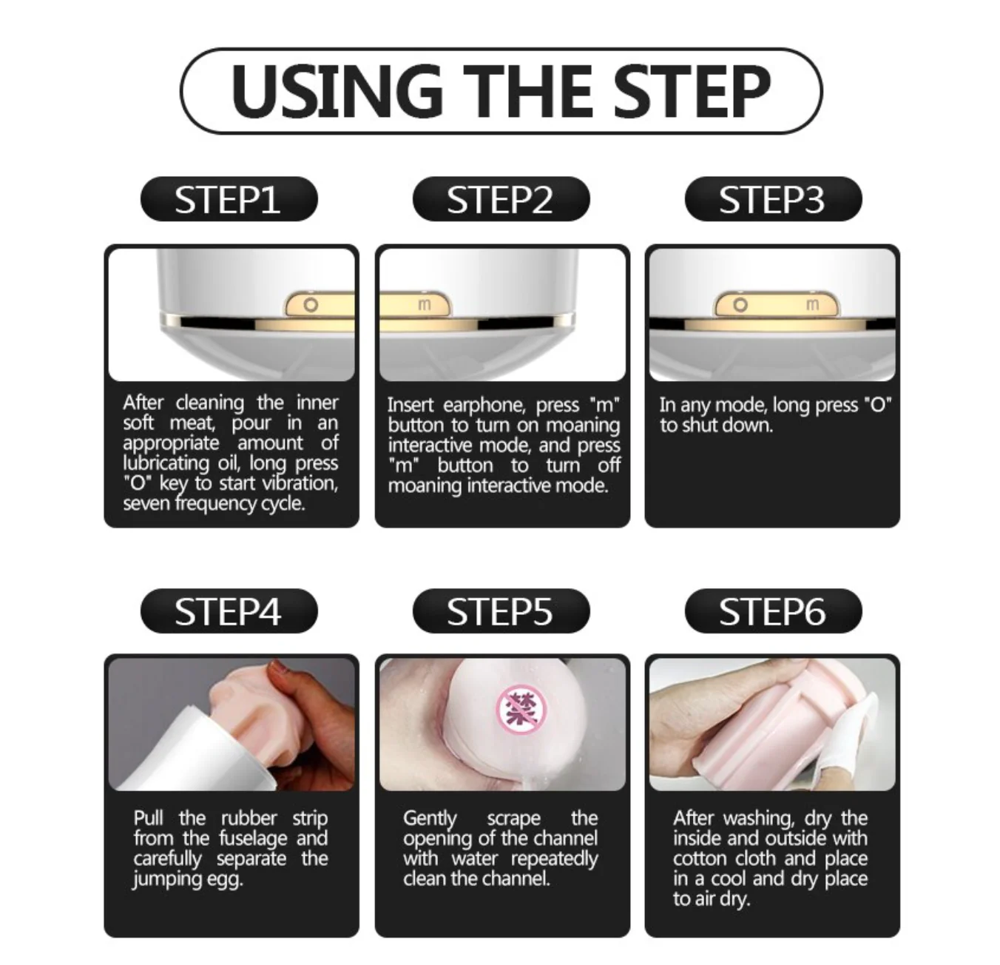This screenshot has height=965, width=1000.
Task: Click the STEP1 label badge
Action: (229, 199)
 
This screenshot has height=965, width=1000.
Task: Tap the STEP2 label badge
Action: (501, 199)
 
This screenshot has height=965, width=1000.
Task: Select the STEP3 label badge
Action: (774, 199)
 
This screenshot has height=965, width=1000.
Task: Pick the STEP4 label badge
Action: (229, 611)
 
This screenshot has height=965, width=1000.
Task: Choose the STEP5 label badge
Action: (501, 611)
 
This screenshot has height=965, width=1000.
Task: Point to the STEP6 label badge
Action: (774, 611)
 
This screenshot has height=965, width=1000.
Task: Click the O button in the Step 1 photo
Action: (311, 305)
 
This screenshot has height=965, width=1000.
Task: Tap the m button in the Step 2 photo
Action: (424, 304)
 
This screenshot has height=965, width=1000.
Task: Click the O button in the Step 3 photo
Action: (740, 305)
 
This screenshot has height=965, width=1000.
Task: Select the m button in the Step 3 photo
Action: (812, 304)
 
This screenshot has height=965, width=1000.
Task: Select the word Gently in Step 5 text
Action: (430, 818)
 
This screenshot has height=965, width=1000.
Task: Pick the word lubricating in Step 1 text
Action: (166, 463)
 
